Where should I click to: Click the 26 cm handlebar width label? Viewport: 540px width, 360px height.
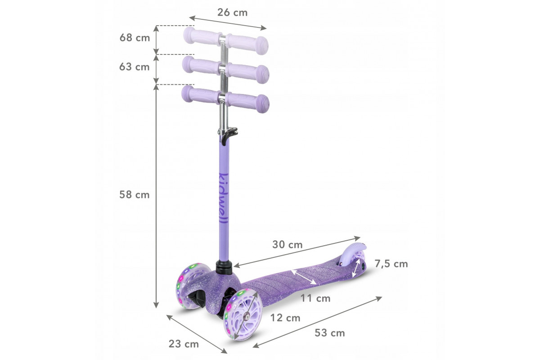point(232,13)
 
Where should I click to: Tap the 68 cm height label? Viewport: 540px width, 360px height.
point(135,38)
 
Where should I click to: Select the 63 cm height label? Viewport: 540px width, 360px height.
point(135,67)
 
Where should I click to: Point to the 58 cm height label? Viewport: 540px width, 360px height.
point(135,194)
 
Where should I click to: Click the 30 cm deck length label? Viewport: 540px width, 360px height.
point(288,245)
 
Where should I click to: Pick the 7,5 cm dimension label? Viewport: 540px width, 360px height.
point(391,264)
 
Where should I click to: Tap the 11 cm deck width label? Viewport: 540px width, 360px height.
point(315,298)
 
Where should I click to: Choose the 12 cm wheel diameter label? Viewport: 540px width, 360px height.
point(285,318)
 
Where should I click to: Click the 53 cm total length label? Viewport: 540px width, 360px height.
point(330,333)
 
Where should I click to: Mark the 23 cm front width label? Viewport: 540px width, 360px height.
point(184,344)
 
